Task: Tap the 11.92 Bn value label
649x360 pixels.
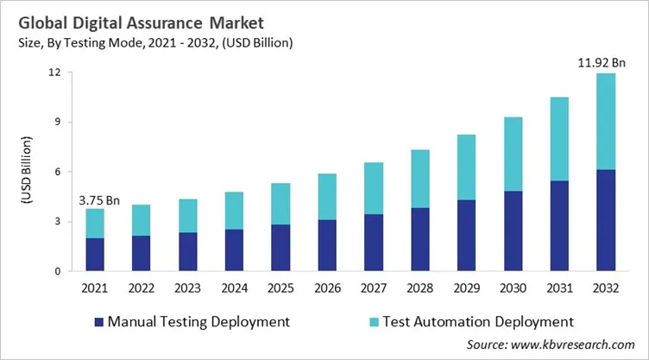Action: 595,62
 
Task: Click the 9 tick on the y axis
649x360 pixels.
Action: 57,122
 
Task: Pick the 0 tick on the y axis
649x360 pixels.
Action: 57,272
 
